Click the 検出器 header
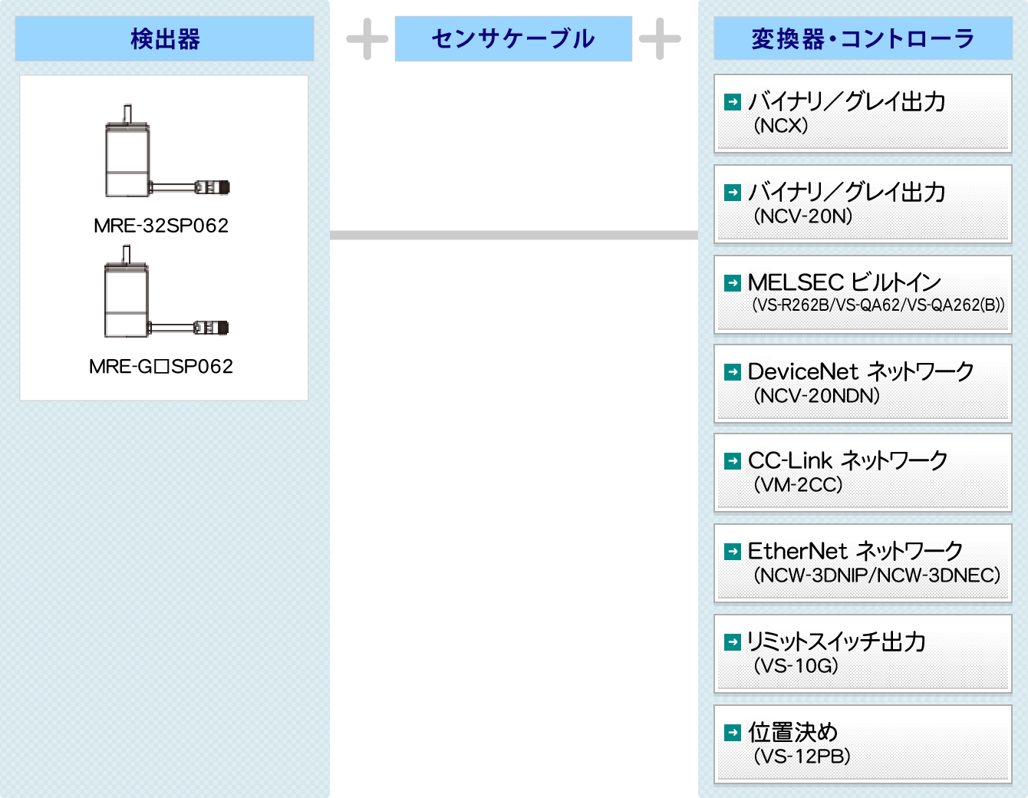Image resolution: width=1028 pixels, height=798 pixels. point(164,38)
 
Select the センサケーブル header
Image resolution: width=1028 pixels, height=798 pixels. point(513,38)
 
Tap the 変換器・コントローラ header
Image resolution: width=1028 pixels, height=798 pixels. point(863,38)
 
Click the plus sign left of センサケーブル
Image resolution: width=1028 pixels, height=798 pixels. point(367,38)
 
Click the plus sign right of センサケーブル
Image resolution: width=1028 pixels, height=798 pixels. point(660,38)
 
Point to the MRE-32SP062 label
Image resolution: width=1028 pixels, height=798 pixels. point(161,226)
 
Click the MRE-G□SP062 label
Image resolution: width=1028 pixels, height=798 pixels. point(161,367)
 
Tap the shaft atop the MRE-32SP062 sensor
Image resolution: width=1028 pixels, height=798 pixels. point(127,114)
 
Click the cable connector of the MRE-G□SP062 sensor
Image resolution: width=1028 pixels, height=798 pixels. point(212,328)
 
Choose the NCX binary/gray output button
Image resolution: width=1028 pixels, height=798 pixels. point(863,114)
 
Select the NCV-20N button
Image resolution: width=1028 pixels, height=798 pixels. point(863,204)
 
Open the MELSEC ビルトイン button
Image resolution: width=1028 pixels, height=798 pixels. point(863,294)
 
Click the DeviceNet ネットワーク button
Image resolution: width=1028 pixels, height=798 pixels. point(863,384)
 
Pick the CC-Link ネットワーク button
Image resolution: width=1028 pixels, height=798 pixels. point(863,473)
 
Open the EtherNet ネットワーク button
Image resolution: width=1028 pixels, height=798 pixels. point(863,563)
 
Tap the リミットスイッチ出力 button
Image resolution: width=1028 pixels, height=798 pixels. point(863,654)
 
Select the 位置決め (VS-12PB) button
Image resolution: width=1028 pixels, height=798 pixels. point(863,744)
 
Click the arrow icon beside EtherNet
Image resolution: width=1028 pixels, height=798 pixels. point(733,552)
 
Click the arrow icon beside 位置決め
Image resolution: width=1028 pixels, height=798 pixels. point(733,733)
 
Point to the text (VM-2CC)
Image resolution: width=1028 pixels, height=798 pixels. point(798,485)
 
